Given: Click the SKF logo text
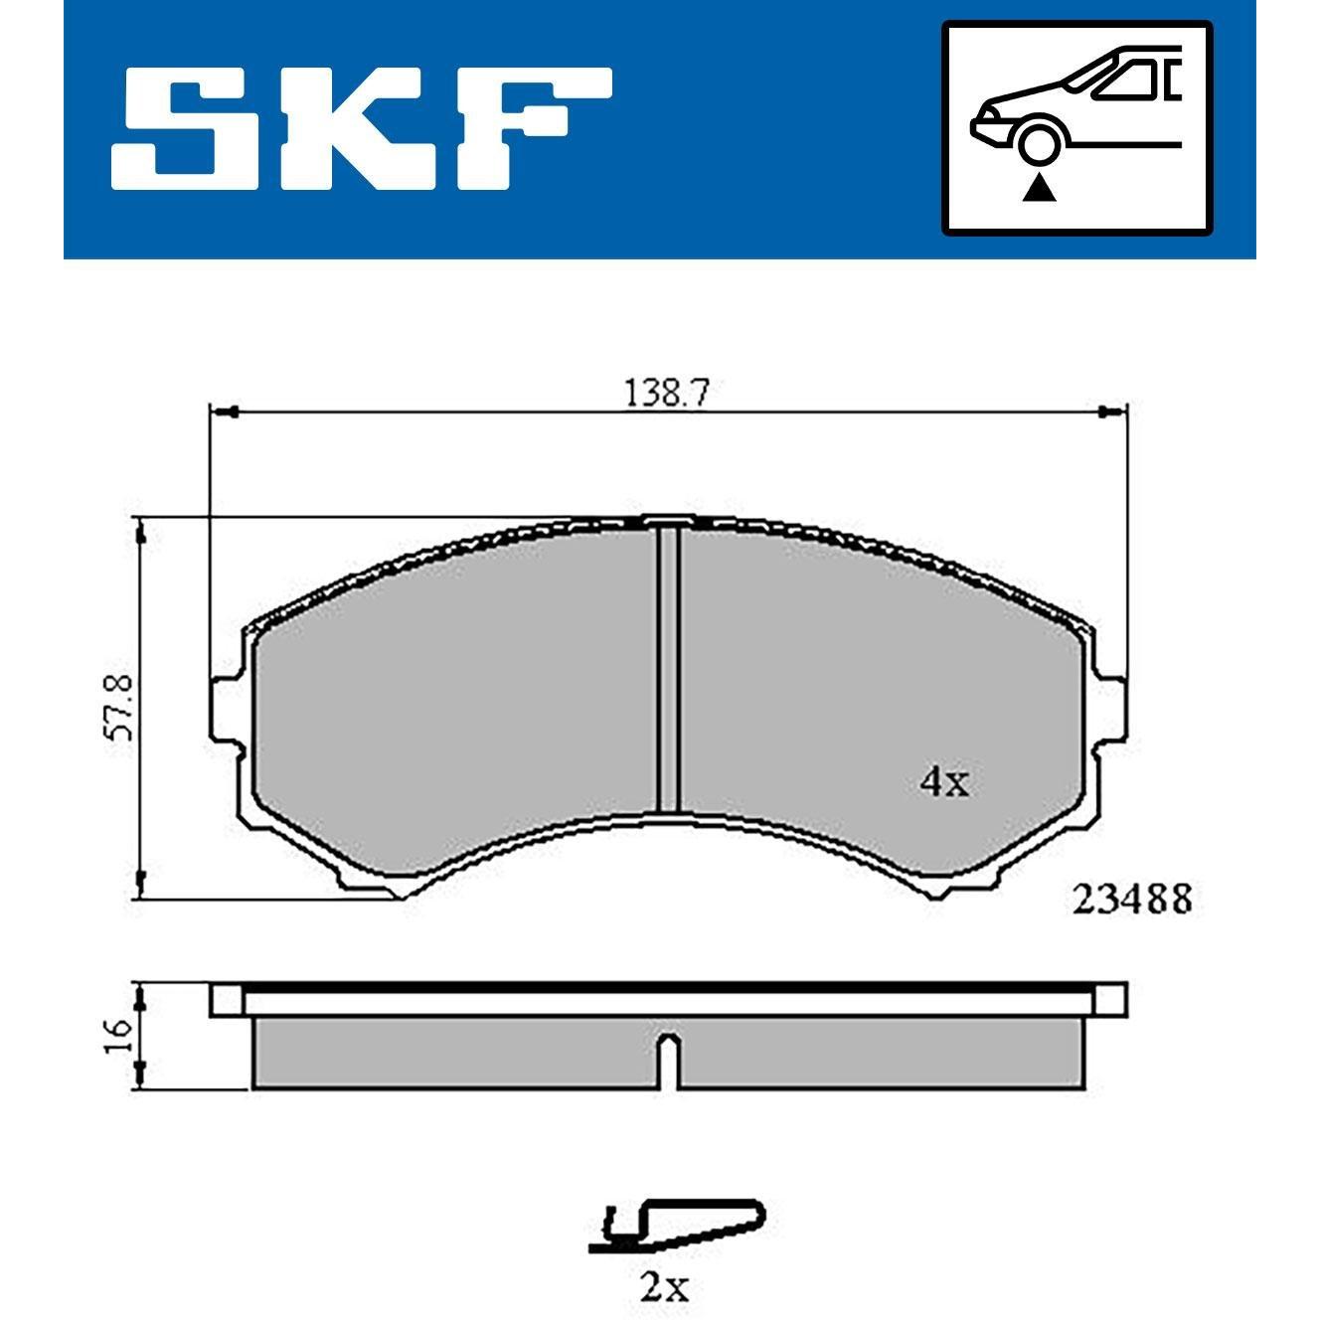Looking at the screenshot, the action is point(361,128).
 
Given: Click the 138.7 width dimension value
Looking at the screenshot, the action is point(667,394).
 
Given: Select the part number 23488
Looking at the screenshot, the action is point(1131,900).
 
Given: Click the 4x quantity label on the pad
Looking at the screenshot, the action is point(944,782).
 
